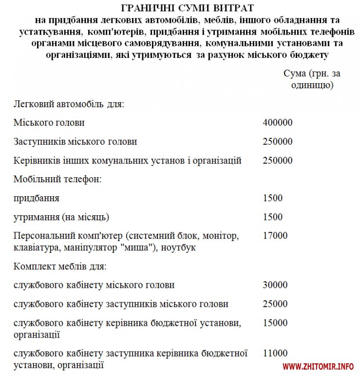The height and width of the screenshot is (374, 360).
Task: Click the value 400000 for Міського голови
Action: (277, 123)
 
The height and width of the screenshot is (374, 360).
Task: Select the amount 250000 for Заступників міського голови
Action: (277, 142)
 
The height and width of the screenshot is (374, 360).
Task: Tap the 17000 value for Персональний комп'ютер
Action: (275, 236)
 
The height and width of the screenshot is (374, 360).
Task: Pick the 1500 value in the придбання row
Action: (272, 198)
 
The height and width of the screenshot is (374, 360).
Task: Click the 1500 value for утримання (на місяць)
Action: (272, 217)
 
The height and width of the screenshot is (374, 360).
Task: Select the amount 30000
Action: (275, 285)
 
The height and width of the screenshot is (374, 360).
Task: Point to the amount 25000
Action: (275, 304)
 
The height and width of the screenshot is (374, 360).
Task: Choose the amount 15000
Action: (275, 322)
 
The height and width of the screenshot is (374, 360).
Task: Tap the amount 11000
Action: (275, 353)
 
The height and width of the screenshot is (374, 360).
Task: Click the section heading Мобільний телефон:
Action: (57, 179)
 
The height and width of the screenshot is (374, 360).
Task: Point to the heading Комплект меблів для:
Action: (60, 266)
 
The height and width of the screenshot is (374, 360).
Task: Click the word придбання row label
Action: (37, 198)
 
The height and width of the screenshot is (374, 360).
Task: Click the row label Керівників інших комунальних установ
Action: (128, 160)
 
